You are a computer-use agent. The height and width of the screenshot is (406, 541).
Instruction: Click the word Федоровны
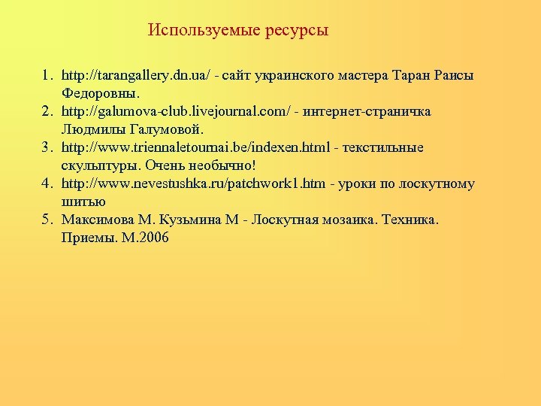100,94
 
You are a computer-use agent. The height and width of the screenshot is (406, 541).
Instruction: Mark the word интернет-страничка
367,111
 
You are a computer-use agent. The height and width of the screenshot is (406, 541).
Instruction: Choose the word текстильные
385,147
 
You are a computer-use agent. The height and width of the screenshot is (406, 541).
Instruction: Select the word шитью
83,201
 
